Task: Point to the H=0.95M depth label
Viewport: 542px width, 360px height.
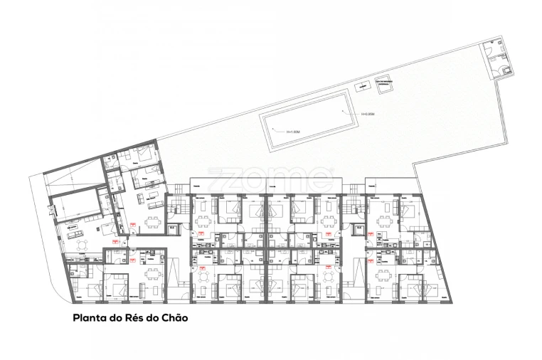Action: pyautogui.click(x=368, y=114)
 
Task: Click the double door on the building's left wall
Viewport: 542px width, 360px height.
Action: pyautogui.click(x=50, y=210)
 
